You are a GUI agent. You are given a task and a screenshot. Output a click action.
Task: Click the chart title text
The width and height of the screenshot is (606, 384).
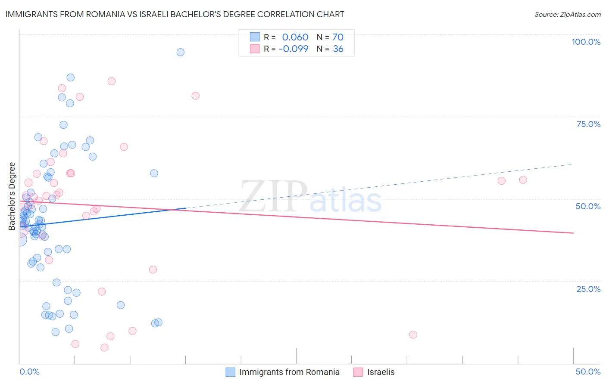175,14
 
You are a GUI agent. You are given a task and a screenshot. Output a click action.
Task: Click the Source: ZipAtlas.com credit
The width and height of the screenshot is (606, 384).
567,14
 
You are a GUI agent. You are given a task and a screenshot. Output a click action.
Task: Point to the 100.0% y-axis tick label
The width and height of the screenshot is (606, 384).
586,42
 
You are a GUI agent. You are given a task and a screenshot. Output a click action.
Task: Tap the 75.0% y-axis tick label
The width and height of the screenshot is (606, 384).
588,124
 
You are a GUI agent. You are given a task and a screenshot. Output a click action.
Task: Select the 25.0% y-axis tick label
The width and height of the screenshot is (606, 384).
588,289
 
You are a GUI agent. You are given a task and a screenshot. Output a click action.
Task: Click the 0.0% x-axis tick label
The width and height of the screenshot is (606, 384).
29,372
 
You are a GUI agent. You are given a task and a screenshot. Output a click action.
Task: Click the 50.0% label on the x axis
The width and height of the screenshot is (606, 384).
588,372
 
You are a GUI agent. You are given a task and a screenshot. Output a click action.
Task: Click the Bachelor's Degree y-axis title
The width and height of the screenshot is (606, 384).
12,196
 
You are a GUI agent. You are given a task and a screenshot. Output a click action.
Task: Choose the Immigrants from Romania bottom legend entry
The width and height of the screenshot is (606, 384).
283,372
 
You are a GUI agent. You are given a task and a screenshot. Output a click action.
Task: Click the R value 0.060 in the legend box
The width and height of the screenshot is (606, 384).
295,37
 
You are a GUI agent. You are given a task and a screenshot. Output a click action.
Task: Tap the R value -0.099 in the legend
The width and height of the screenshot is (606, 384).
294,49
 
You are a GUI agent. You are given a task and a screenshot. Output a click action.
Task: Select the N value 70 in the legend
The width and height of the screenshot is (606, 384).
338,37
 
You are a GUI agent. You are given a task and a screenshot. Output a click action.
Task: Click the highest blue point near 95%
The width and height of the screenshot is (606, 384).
180,52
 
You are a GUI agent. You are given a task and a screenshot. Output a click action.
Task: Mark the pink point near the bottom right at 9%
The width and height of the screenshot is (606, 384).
413,334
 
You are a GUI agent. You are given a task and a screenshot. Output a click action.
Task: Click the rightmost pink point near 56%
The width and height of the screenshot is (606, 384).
523,180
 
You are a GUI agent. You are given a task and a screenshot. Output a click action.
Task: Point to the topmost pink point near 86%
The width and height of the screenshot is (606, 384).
111,81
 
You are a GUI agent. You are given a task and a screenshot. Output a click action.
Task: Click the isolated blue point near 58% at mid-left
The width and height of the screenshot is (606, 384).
154,173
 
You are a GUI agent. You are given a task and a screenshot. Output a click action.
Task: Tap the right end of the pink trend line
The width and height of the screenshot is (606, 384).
573,233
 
